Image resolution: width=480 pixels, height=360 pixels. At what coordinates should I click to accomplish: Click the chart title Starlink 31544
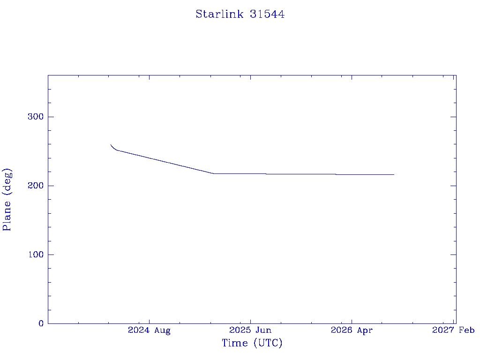240,14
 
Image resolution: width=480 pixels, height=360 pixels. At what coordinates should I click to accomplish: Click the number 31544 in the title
267,14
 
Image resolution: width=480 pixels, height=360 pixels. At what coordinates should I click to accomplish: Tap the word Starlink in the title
219,14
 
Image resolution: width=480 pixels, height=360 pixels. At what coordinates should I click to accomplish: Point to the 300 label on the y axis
36,117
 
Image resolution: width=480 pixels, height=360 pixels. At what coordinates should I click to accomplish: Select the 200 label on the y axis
36,186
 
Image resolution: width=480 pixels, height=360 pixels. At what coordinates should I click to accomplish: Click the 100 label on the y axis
36,255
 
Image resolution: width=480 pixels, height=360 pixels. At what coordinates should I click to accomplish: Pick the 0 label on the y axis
41,323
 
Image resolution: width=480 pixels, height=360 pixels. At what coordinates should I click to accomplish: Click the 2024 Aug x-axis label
149,330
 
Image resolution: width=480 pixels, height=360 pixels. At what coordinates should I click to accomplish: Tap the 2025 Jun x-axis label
250,330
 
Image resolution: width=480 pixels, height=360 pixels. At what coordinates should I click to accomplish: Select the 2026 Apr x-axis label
352,330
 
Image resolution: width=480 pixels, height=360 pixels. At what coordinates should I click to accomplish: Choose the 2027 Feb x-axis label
453,330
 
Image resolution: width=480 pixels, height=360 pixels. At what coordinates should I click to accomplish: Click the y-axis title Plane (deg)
7,200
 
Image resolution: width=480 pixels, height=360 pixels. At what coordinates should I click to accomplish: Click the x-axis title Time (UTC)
252,343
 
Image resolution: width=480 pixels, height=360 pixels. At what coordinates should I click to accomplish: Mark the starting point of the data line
111,145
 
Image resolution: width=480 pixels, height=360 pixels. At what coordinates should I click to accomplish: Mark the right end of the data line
394,174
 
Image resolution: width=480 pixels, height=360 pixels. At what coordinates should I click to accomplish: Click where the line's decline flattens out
213,173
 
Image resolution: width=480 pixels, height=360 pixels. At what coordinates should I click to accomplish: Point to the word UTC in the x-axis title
268,343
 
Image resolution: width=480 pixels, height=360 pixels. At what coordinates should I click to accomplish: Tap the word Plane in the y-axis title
7,216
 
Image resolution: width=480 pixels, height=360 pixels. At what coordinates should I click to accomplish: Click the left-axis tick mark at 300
51,117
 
